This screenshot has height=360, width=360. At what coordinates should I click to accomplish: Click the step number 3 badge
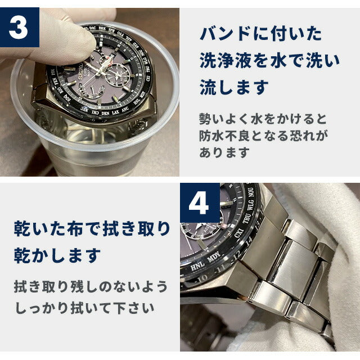(x=20, y=28)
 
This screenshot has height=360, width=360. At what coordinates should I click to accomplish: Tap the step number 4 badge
(x=200, y=202)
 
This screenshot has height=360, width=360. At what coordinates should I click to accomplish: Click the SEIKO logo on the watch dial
(x=80, y=71)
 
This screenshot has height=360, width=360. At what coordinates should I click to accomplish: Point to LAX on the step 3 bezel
(x=115, y=112)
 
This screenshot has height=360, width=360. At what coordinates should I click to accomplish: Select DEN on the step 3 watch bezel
(x=105, y=113)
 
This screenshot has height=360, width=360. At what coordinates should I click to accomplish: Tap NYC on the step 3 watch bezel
(x=85, y=109)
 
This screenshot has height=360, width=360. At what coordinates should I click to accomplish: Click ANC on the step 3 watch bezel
(x=125, y=110)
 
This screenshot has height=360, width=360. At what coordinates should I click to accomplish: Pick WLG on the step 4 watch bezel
(x=250, y=205)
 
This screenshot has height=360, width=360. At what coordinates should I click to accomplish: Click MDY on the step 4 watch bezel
(x=214, y=256)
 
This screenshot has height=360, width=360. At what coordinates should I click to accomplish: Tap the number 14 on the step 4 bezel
(x=249, y=240)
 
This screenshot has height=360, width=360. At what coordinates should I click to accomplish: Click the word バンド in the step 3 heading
(x=225, y=34)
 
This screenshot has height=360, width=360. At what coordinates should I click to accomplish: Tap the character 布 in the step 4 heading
(x=75, y=228)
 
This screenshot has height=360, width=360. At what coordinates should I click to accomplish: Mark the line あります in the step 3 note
(x=224, y=152)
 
